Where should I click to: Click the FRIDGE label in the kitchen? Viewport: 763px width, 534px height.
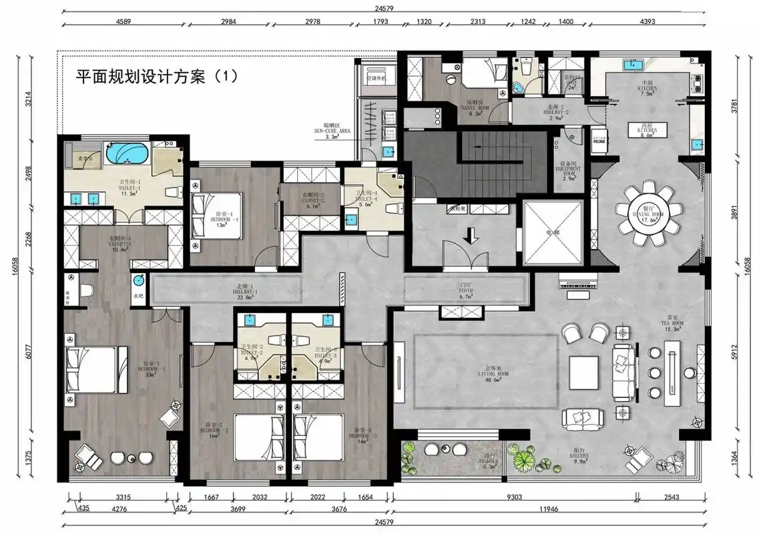(x=600, y=142)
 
